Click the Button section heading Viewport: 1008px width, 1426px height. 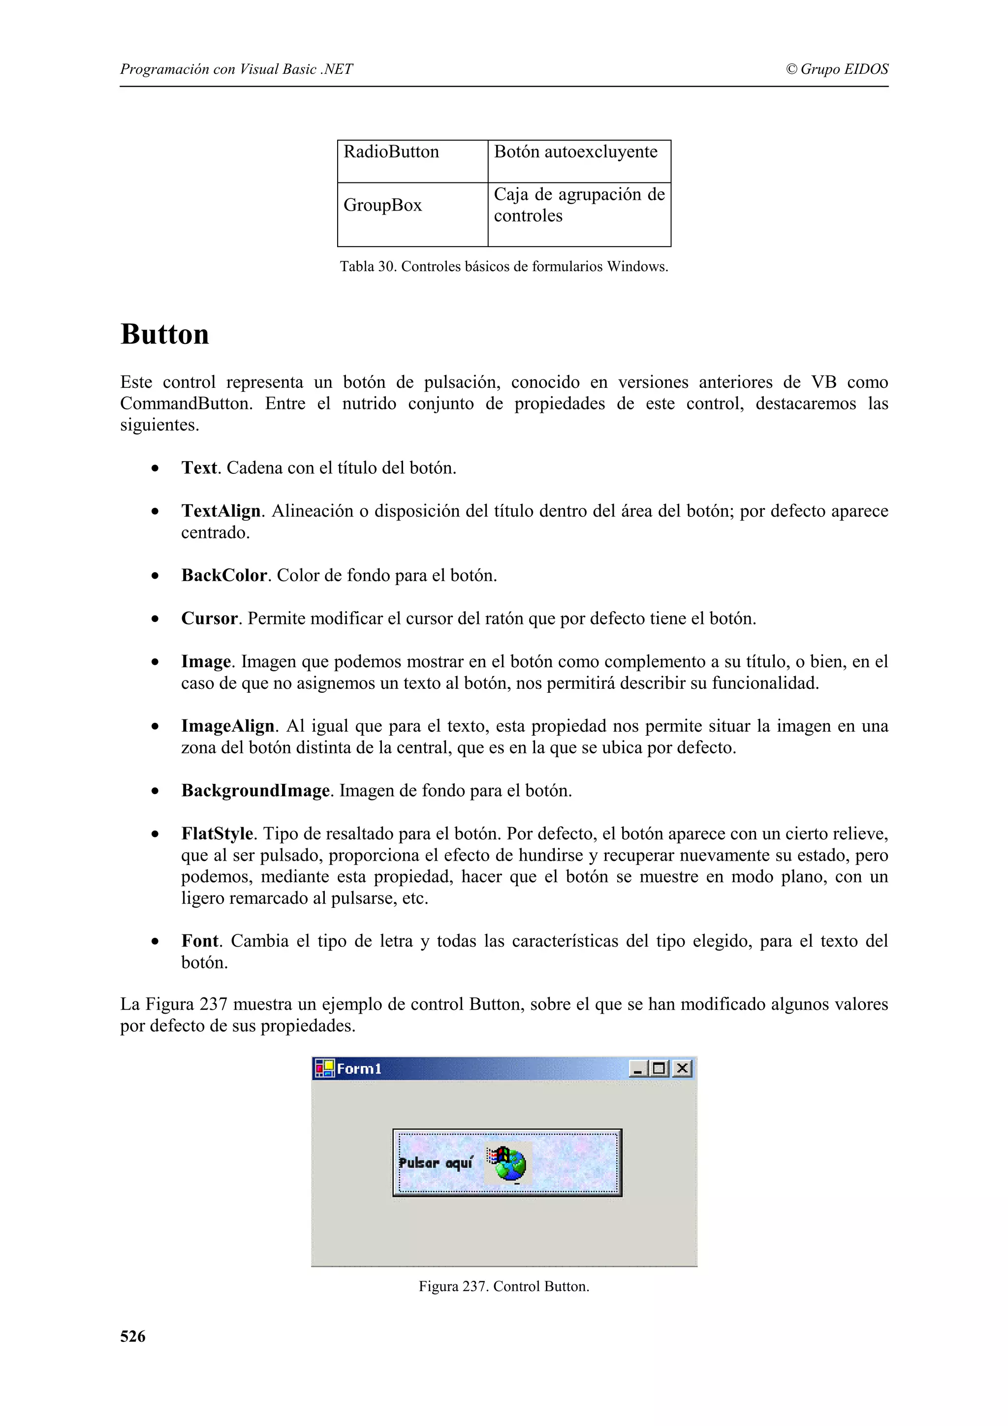coord(164,335)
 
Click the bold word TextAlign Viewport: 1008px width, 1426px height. coord(220,511)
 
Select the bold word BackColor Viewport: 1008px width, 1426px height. coord(223,576)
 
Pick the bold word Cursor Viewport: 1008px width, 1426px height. coord(209,619)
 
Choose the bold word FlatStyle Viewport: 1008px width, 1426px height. coord(217,834)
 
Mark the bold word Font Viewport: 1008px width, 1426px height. coord(200,941)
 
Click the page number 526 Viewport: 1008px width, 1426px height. coord(133,1336)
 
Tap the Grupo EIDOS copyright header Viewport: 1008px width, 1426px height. coord(837,69)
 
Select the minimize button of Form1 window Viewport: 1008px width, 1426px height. coord(638,1068)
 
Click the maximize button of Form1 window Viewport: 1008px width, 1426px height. coord(659,1068)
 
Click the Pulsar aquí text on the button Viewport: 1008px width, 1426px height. coord(436,1163)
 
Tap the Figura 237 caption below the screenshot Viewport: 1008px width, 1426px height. coord(504,1286)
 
